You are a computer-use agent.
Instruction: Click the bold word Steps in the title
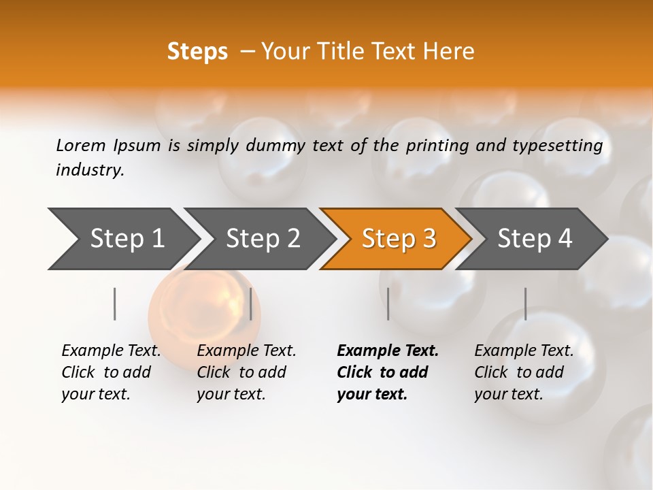(197, 52)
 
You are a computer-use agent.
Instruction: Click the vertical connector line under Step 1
(114, 304)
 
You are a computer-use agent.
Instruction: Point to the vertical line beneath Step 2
(251, 304)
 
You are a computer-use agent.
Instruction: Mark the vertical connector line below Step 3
(388, 304)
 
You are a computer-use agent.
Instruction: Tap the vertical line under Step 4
(525, 304)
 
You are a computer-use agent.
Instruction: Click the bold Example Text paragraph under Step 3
(387, 372)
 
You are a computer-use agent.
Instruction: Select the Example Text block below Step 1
(111, 372)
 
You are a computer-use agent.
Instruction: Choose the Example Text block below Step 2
(246, 372)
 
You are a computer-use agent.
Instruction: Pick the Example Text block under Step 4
(524, 372)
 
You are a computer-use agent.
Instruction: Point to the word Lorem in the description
(80, 146)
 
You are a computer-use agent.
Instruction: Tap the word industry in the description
(89, 170)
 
